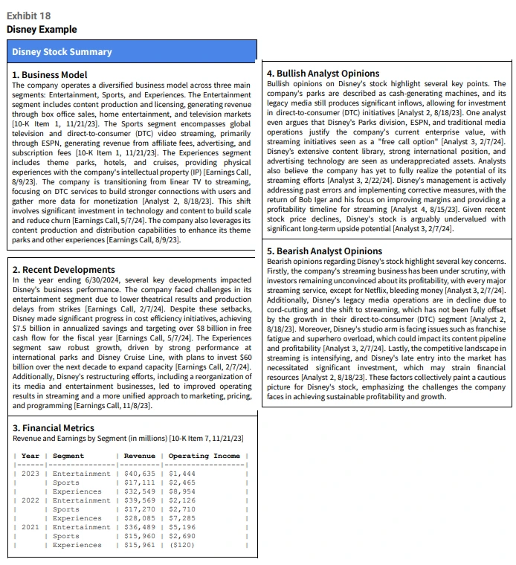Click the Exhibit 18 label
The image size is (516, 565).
point(28,16)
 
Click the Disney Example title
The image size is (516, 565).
point(42,30)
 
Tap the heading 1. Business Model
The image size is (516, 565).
point(50,75)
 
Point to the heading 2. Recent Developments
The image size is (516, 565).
point(64,270)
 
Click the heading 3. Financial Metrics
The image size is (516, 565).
point(54,428)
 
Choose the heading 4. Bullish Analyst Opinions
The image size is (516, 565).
point(323,74)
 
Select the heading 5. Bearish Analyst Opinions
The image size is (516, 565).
point(324,251)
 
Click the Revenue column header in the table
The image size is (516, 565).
point(139,456)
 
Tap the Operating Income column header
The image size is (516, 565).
point(204,456)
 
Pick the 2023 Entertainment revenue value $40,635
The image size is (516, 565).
point(139,474)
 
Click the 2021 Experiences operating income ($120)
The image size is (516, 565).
point(183,545)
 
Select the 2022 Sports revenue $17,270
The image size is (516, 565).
point(139,509)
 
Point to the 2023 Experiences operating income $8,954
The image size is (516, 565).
point(182,491)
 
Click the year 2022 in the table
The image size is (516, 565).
point(30,500)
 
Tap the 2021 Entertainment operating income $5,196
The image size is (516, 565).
point(182,527)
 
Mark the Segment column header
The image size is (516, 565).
point(68,456)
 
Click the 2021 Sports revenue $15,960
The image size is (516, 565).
point(139,536)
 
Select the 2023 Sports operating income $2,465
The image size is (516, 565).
point(182,482)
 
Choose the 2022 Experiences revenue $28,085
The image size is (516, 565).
point(139,518)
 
